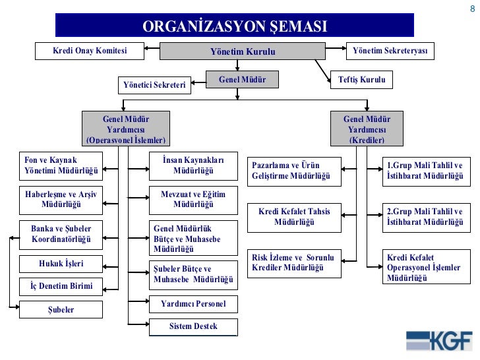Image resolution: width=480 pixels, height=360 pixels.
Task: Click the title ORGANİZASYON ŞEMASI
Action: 235,26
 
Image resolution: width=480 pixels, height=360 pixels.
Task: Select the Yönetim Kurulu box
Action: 243,51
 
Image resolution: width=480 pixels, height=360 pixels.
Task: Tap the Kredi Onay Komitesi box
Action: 90,51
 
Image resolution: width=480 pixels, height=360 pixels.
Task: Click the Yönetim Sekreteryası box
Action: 390,51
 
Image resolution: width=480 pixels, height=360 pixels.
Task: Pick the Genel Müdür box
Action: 242,80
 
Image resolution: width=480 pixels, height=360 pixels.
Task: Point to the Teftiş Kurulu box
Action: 361,80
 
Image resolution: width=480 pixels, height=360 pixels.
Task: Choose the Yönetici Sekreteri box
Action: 155,85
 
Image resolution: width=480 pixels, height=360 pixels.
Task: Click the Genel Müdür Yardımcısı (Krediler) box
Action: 367,129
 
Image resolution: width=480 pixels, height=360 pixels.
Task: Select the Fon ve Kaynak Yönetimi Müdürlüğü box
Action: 61,165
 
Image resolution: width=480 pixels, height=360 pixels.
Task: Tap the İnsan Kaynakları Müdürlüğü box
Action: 193,165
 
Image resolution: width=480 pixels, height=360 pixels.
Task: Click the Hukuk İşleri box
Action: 61,264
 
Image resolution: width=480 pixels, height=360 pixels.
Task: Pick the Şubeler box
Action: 61,309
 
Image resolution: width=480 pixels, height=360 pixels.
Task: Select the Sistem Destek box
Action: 193,326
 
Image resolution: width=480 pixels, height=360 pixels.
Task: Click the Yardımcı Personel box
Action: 193,304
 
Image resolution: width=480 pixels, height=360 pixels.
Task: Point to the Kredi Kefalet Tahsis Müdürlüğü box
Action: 294,217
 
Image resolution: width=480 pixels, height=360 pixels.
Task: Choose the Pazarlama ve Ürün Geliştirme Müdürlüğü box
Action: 294,171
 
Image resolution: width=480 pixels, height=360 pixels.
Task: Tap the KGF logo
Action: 439,340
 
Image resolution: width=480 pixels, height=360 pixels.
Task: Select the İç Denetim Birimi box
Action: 61,287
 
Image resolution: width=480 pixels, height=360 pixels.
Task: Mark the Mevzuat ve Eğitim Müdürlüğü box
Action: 193,199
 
